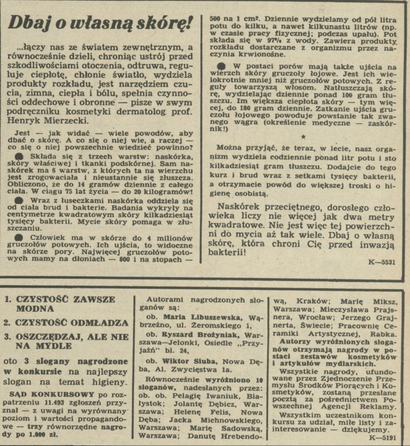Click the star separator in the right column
coord(303,135)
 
